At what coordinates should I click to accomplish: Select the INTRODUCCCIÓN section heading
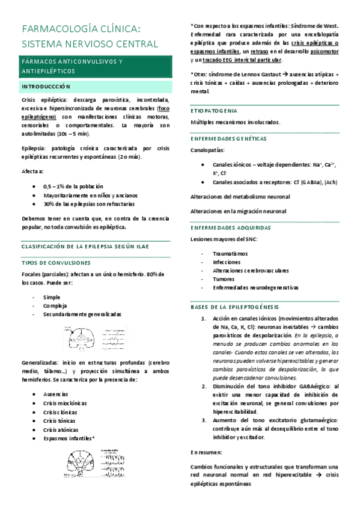(46, 87)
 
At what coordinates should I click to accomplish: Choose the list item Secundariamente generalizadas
(82, 314)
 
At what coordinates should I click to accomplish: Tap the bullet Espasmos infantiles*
(69, 438)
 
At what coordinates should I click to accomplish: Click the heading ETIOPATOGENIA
(217, 111)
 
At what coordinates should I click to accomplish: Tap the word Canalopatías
(208, 150)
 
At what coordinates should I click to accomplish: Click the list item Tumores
(223, 278)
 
